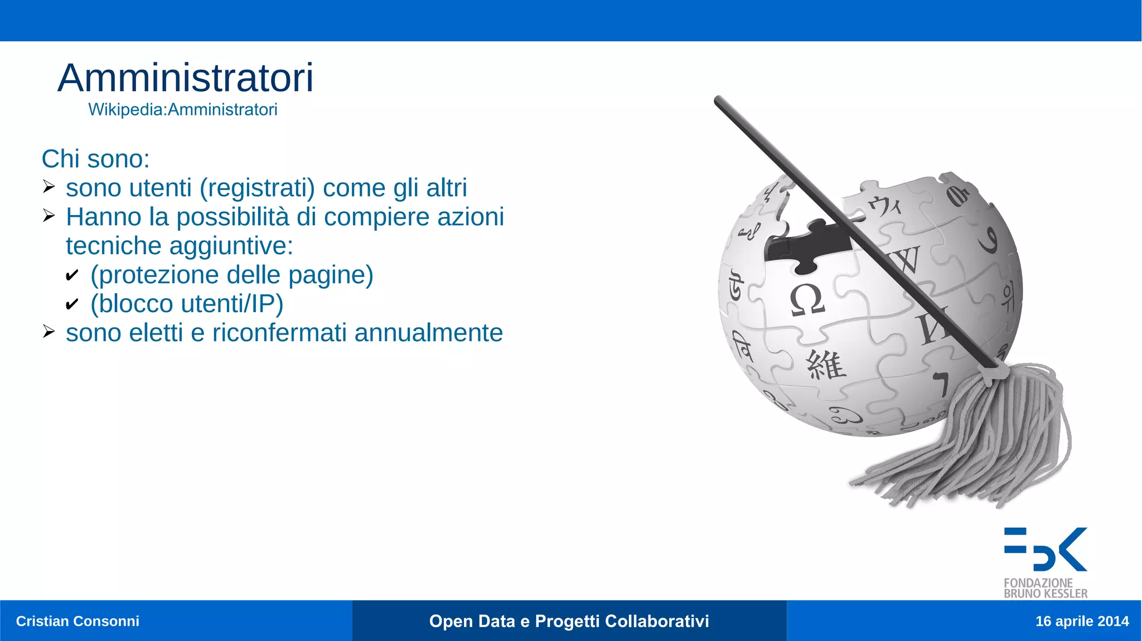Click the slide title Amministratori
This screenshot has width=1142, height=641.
pos(185,78)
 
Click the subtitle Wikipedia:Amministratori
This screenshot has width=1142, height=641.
pos(182,110)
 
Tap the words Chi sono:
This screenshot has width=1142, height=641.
pos(95,159)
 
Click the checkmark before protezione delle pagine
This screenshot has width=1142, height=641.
pos(72,275)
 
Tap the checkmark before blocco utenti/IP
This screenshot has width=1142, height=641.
pos(72,304)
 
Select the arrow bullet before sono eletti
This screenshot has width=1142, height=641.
pos(49,332)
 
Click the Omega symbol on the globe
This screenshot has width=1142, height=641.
pos(806,300)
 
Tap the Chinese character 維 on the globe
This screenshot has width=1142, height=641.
pos(826,366)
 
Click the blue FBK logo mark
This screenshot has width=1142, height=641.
pos(1045,549)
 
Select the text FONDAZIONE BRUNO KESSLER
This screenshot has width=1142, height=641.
pos(1045,588)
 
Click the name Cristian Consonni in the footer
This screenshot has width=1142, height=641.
pos(78,621)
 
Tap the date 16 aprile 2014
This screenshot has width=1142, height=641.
pos(1082,621)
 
